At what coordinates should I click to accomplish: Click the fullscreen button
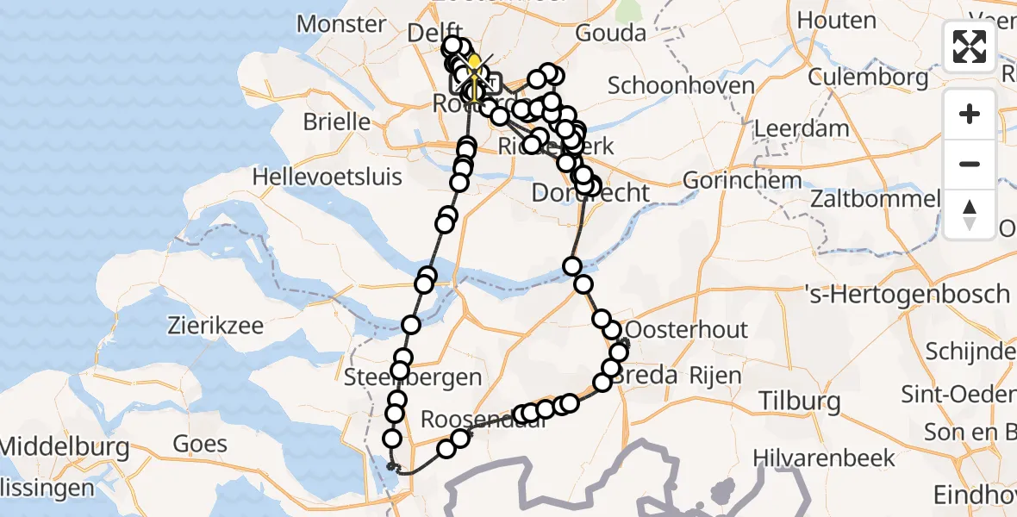(x=970, y=47)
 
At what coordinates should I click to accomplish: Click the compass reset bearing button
(x=970, y=215)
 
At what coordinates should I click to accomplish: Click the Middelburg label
(x=65, y=447)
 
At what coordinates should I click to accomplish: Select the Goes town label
(x=200, y=444)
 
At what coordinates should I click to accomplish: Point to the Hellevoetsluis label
(x=327, y=178)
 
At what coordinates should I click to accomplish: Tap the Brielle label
(x=337, y=121)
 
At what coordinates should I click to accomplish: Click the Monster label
(x=341, y=23)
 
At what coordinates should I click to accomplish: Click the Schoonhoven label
(x=681, y=85)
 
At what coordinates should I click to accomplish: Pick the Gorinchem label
(x=740, y=181)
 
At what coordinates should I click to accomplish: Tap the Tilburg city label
(x=799, y=402)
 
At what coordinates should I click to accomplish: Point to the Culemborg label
(x=869, y=78)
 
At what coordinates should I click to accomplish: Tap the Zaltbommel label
(x=874, y=199)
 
